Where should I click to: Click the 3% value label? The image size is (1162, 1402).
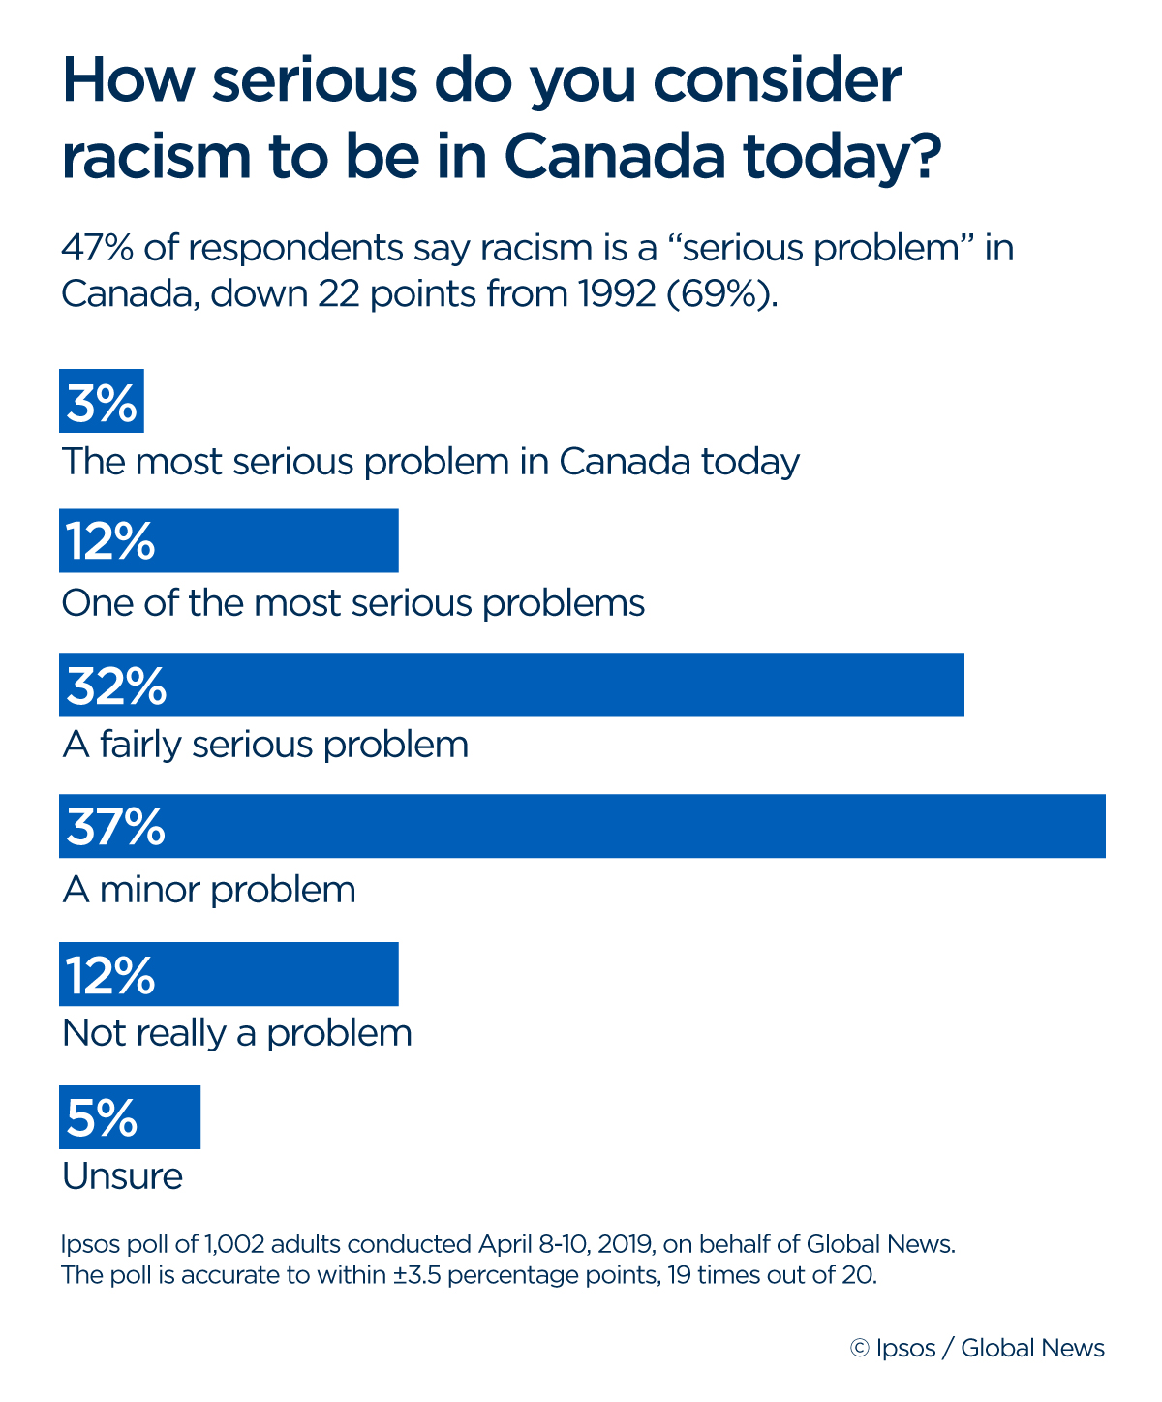101,401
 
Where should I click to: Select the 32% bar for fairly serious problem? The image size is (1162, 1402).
511,685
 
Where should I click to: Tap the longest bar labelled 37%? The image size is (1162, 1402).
582,826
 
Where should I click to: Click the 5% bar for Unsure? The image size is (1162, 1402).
130,1117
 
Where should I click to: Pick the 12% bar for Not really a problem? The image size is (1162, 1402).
229,974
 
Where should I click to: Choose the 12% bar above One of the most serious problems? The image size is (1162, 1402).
229,540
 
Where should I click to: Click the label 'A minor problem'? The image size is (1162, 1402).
209,889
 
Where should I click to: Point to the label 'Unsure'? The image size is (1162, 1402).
122,1176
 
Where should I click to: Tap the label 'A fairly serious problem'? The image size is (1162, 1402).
265,745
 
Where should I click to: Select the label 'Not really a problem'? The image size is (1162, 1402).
237,1033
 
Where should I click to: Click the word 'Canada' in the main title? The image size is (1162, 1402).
614,157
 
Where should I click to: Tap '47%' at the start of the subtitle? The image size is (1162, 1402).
98,248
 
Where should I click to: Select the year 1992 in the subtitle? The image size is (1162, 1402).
617,293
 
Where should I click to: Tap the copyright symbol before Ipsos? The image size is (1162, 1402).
859,1349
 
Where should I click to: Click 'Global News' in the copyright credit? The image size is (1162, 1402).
1032,1349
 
